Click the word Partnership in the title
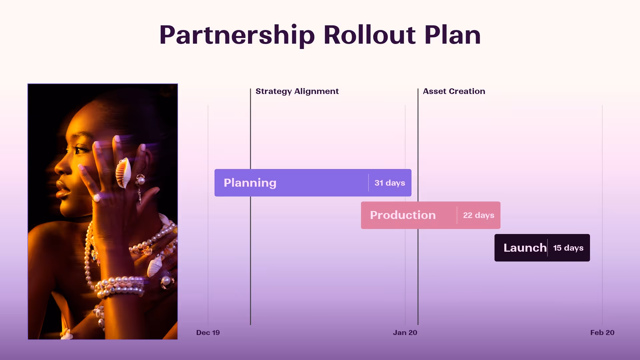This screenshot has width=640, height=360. pyautogui.click(x=237, y=35)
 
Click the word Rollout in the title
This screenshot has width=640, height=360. pyautogui.click(x=369, y=35)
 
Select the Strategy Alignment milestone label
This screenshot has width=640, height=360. pyautogui.click(x=297, y=91)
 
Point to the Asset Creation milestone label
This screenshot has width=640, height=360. pyautogui.click(x=454, y=91)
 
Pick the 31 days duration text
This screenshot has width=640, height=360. pyautogui.click(x=390, y=183)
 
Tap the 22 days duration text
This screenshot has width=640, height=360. pyautogui.click(x=478, y=215)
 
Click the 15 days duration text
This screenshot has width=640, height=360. pyautogui.click(x=568, y=248)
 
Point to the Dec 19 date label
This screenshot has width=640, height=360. pyautogui.click(x=208, y=333)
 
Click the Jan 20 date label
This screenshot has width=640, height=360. pyautogui.click(x=405, y=333)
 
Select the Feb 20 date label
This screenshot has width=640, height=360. pyautogui.click(x=602, y=333)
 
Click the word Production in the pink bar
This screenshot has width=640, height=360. pyautogui.click(x=403, y=215)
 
